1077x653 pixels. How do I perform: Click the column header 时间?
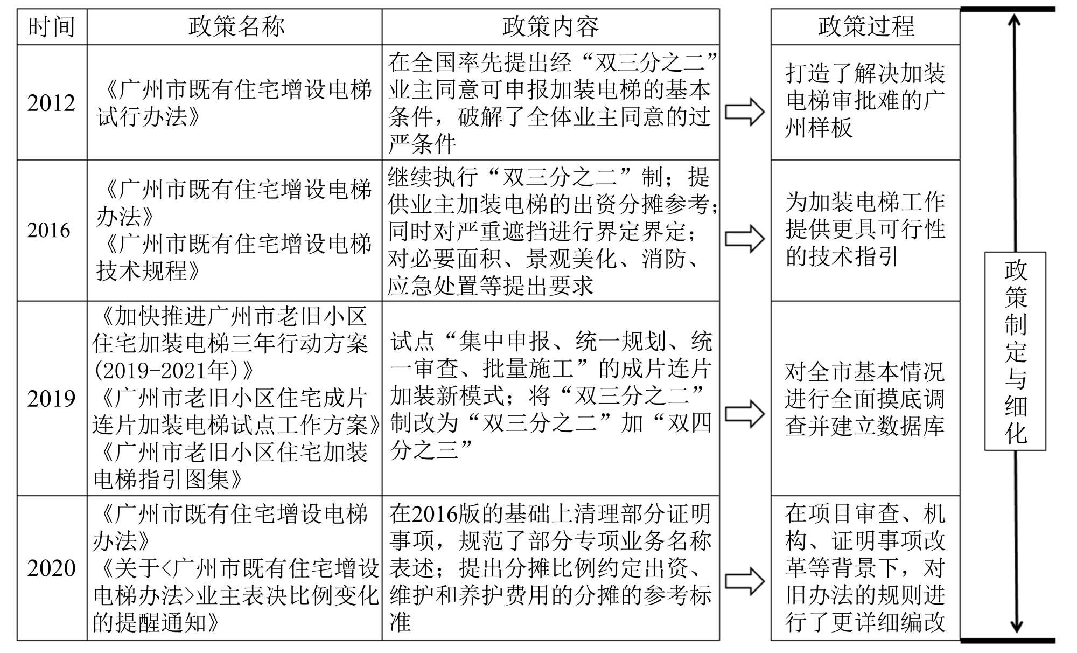pos(52,26)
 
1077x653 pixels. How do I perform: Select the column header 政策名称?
pos(235,26)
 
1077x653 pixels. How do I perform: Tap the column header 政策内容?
pos(550,26)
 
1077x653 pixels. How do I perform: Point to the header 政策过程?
pos(865,26)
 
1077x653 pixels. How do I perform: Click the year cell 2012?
pos(52,103)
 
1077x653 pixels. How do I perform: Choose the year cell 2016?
pos(50,230)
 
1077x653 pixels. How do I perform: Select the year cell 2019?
pos(52,399)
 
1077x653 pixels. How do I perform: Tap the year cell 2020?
pos(52,568)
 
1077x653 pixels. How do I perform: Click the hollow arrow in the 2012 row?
pos(745,112)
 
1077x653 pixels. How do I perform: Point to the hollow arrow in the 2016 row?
pos(745,239)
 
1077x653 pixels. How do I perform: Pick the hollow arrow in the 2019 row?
pos(745,414)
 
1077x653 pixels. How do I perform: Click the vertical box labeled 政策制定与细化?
pos(1016,351)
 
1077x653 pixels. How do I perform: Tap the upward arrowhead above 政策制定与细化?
pos(1015,22)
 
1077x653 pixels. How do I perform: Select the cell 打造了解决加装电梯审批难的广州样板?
pos(865,101)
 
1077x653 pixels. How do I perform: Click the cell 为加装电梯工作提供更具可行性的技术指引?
pos(865,229)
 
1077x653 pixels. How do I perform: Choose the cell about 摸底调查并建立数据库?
pos(865,399)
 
